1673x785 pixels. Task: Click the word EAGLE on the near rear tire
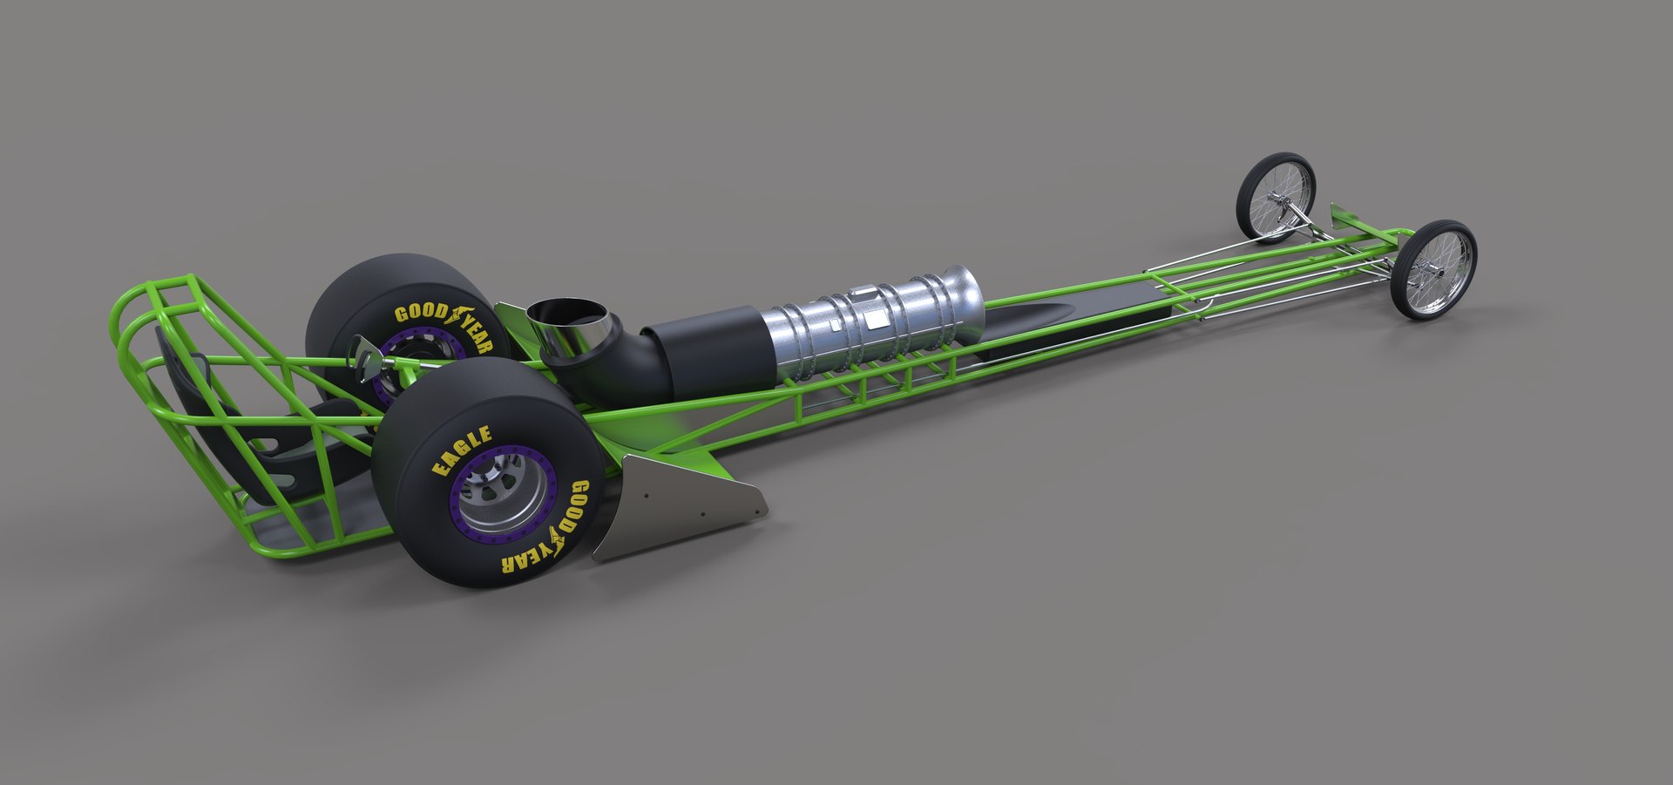point(463,450)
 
